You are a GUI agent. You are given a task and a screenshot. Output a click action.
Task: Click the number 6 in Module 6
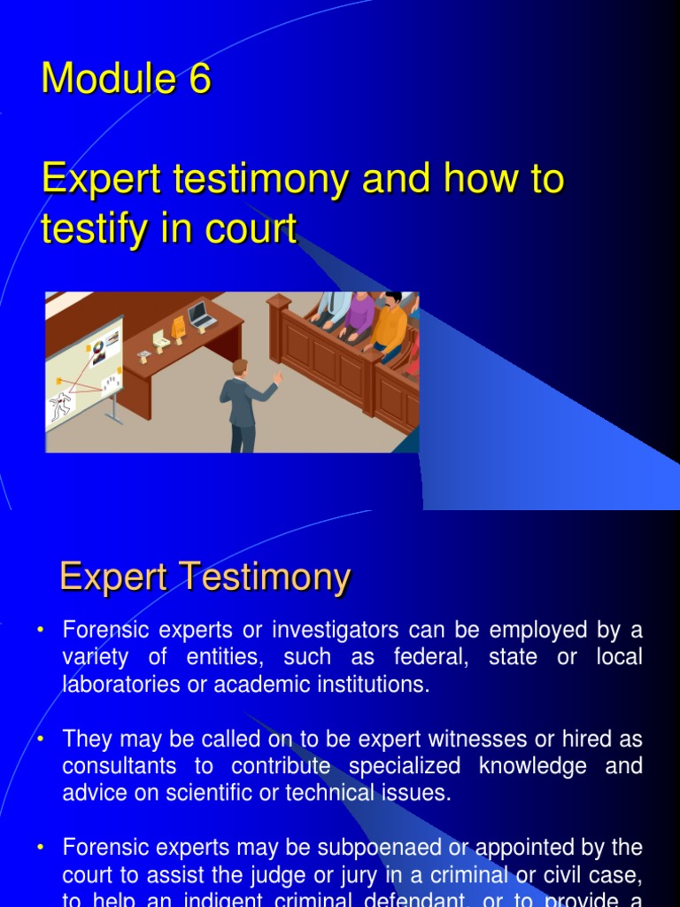(x=199, y=79)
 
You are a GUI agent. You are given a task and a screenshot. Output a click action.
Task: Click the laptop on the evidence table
(x=199, y=314)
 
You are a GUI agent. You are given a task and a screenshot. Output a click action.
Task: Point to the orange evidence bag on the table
(x=178, y=327)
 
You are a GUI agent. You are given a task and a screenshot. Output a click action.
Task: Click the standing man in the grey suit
(x=242, y=403)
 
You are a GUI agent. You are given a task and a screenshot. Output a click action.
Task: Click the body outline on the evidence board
(x=61, y=407)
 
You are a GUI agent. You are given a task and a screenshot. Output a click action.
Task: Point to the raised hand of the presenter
(x=278, y=378)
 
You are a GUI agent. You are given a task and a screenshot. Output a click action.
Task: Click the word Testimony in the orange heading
(x=265, y=578)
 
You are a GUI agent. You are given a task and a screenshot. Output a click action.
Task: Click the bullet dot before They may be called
(x=41, y=740)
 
